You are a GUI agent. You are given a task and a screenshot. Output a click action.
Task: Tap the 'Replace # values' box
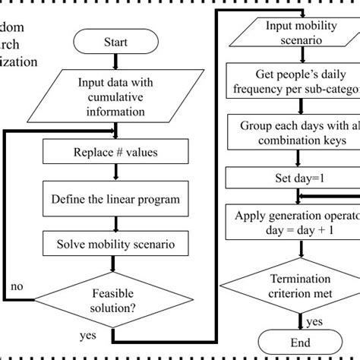coord(114,152)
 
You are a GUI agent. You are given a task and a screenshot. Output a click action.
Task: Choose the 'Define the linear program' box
coord(114,200)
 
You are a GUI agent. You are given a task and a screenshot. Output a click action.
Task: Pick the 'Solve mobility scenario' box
coord(114,244)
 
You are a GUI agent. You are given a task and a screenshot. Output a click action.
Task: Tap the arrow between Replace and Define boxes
coord(114,172)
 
